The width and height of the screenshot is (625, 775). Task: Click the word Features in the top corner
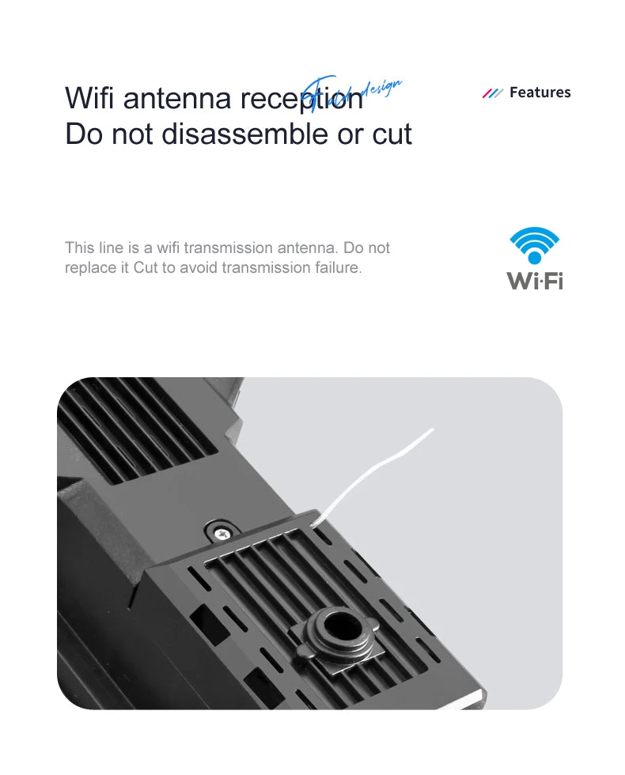540,93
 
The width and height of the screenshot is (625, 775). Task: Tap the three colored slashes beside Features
492,93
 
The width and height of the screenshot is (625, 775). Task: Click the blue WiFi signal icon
534,246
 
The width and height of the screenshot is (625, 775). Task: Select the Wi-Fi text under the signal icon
534,281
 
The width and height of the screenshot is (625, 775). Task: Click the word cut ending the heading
392,134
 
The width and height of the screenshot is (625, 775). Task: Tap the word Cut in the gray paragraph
146,268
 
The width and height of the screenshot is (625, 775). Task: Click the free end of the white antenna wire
432,430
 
